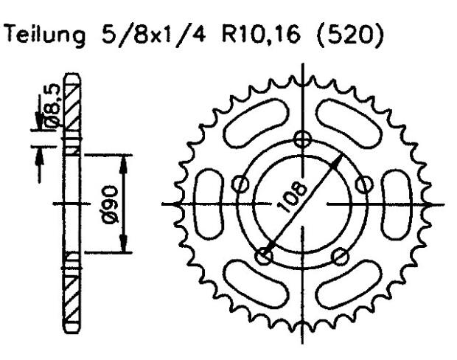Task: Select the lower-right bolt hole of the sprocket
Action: [339, 255]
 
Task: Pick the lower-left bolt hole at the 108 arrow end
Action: [265, 255]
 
